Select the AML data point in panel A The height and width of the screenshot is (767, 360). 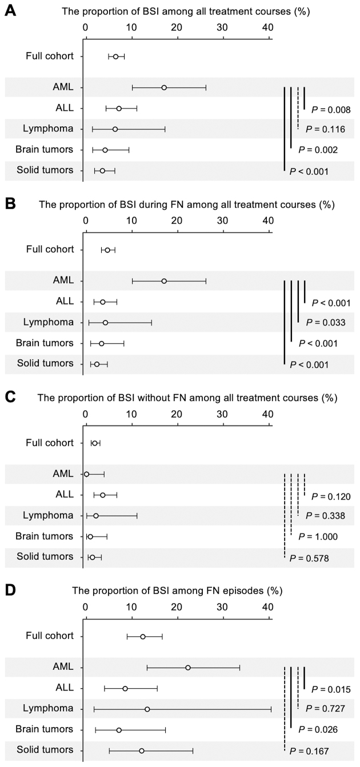coord(164,87)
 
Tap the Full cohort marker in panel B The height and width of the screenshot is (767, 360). coord(107,250)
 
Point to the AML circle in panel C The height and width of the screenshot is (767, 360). coord(86,474)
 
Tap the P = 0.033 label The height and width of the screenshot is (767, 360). coord(325,323)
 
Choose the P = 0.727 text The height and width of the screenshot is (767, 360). coord(325,709)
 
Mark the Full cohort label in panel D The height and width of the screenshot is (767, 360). coord(50,636)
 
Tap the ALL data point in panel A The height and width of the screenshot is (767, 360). coord(119,109)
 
